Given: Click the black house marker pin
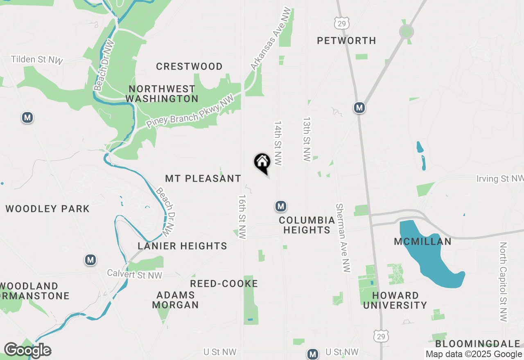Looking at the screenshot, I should tap(262, 163).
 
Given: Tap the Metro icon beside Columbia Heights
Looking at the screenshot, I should tap(280, 206).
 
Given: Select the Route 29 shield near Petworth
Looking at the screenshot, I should tap(341, 23).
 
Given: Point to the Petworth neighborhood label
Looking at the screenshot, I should tap(346, 40).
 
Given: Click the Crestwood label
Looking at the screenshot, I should tap(189, 66).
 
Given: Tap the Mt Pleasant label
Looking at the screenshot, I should tap(203, 178).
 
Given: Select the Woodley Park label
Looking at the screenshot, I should tap(47, 209).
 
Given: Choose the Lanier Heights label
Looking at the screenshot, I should tap(182, 246).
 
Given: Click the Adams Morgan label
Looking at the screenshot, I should tap(175, 300).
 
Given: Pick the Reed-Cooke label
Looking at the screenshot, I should tap(224, 283).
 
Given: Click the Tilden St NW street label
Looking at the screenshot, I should tap(37, 60).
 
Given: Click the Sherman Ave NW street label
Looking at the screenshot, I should tap(343, 238).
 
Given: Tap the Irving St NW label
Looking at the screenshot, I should tap(499, 179).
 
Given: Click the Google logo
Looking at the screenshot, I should tap(27, 350).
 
